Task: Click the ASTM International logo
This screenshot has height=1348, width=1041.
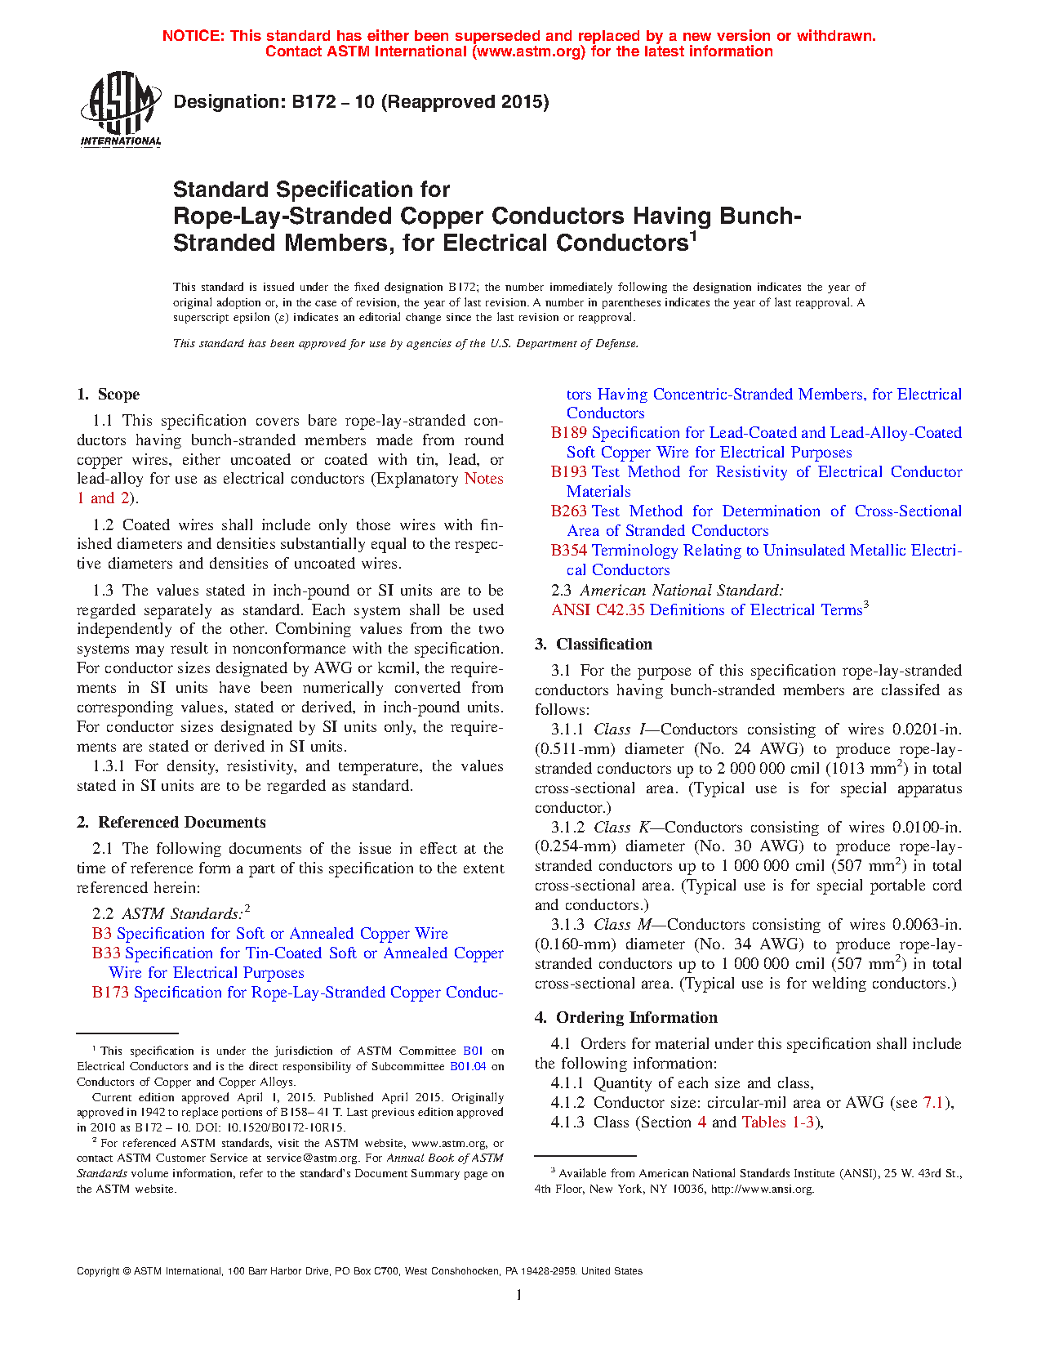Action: point(121,109)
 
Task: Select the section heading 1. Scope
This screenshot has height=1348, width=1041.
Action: point(109,394)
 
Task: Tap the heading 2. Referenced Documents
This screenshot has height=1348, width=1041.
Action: point(171,822)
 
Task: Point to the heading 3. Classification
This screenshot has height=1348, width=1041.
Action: point(594,644)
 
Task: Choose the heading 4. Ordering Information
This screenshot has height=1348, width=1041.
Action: point(626,1017)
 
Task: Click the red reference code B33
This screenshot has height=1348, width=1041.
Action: point(106,953)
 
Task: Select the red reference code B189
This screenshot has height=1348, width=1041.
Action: point(568,432)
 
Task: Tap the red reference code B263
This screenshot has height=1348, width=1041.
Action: point(568,511)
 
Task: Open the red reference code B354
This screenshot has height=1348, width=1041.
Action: point(568,550)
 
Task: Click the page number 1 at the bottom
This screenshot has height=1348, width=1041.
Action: point(519,1294)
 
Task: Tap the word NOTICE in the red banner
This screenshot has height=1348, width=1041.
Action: point(193,36)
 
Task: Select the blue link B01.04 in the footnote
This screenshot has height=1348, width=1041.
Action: point(468,1066)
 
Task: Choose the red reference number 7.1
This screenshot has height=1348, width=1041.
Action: point(933,1102)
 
